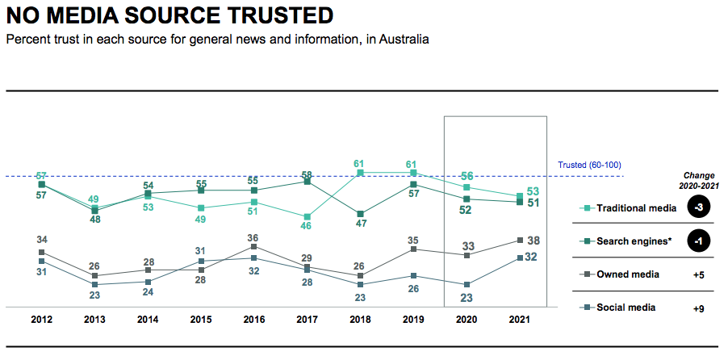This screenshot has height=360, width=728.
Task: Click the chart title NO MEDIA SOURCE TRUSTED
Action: coord(169,15)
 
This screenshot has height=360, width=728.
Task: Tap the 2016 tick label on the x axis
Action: coord(254,319)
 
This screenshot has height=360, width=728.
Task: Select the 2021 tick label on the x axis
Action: coord(520,319)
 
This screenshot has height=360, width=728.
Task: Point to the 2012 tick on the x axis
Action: coord(41,319)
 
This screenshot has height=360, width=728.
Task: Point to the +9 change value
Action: coord(700,308)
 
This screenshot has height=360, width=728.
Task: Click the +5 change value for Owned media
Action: coord(700,274)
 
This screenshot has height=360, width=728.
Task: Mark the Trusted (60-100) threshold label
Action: coord(591,165)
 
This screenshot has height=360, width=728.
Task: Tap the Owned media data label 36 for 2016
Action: coord(254,237)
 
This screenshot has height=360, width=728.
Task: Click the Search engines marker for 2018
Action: coord(360,214)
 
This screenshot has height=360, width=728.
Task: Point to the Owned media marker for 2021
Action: coord(520,240)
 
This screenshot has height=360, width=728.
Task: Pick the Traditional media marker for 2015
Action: coord(201,207)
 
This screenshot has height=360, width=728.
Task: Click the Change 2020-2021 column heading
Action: coord(700,179)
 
